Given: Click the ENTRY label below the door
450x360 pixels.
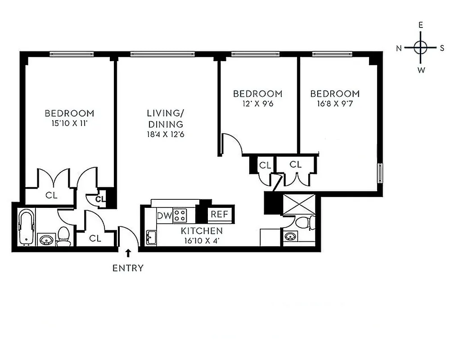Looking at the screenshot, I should coord(128,269).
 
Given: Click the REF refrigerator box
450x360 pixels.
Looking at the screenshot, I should coord(220,215).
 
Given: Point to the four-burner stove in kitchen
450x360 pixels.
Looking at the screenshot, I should coord(180,216).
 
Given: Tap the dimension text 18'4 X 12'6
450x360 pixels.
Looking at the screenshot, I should coord(165,134).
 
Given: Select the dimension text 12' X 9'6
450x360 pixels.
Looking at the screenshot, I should coord(257,103).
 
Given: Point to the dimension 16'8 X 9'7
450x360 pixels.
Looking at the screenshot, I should coord(335,103).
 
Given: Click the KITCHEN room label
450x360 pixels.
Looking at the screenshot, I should coord(202,231).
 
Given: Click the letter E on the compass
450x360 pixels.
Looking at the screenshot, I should coord(421,26).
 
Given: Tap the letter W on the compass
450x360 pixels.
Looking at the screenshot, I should coord(421,70).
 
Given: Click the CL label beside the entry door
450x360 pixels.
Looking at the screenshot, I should coord(95,238).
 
